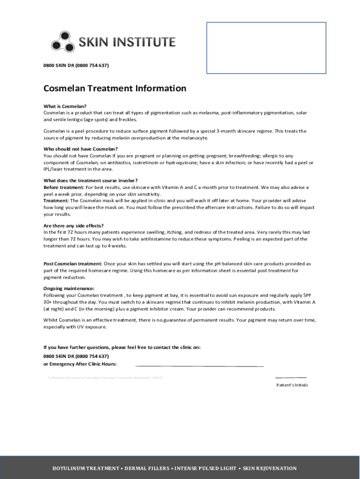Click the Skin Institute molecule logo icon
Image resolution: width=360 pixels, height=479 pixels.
(x=62, y=41)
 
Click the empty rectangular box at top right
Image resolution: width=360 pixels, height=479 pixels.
(x=266, y=48)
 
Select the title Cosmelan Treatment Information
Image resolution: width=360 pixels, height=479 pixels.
(x=115, y=88)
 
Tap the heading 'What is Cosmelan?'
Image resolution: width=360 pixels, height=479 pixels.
(x=65, y=106)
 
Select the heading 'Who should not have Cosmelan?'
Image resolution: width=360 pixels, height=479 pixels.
(x=80, y=149)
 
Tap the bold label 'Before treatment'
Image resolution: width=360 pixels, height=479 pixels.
(x=63, y=187)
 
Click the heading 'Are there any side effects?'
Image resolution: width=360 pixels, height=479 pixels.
(x=73, y=225)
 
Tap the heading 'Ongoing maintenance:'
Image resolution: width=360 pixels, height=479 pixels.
(x=69, y=289)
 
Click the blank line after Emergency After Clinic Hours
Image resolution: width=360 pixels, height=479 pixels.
(x=199, y=365)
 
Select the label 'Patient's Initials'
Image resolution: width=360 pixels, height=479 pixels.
(x=292, y=385)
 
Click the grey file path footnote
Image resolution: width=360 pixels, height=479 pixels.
(x=105, y=377)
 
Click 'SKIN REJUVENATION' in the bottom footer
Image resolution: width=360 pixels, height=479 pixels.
(x=270, y=468)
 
